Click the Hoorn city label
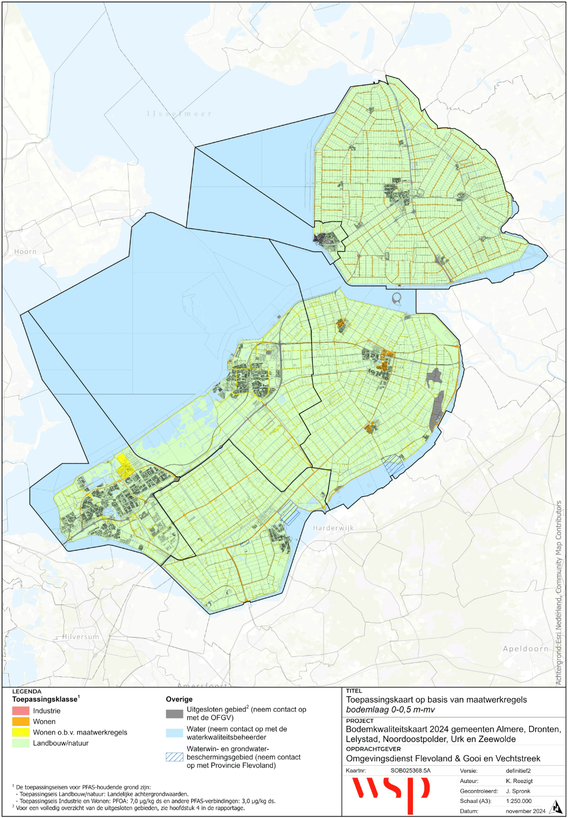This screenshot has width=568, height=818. [x=25, y=252]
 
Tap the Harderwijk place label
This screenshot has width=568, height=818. [x=333, y=528]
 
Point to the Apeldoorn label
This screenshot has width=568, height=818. [x=525, y=649]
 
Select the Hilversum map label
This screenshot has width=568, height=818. [x=81, y=637]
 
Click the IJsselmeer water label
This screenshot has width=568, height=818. [x=179, y=114]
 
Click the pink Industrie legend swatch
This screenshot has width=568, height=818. [x=20, y=711]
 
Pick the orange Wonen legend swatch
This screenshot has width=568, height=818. [x=20, y=722]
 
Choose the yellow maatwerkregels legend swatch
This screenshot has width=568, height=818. [x=20, y=732]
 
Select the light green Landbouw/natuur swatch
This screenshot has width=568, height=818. [x=20, y=743]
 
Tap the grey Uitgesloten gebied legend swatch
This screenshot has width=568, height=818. [x=174, y=713]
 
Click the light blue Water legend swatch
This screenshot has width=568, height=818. [x=174, y=733]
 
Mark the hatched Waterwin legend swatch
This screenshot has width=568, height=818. [x=174, y=757]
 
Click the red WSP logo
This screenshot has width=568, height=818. [x=390, y=792]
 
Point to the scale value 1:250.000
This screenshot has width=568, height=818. [x=518, y=801]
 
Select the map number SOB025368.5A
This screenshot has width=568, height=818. [x=410, y=771]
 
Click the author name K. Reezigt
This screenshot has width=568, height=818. [x=520, y=781]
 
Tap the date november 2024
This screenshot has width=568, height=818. [x=525, y=811]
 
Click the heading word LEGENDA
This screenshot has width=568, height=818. [x=26, y=691]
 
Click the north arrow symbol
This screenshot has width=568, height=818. [x=555, y=807]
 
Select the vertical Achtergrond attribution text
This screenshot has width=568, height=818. [x=559, y=593]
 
